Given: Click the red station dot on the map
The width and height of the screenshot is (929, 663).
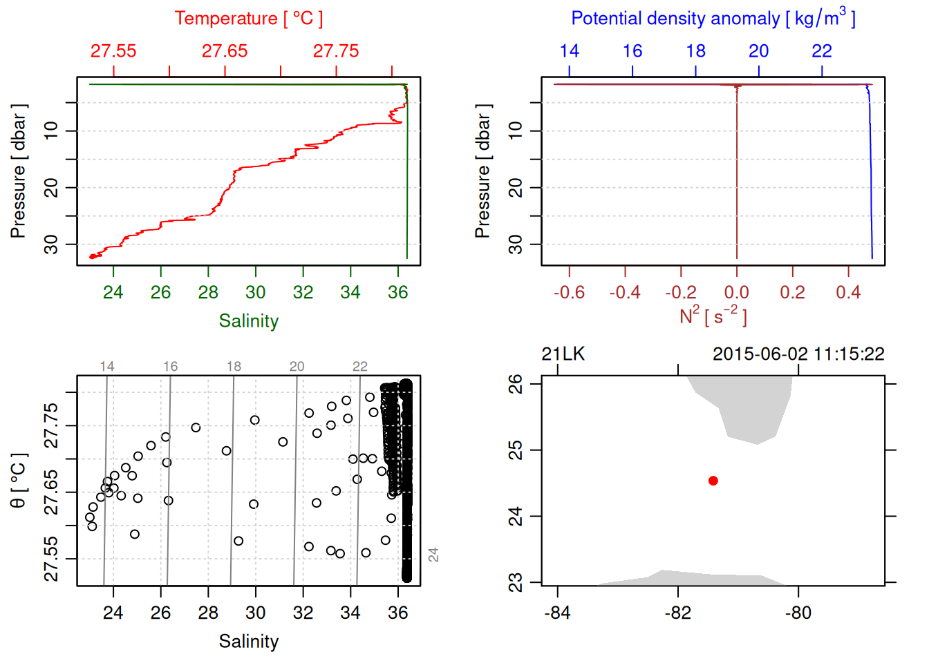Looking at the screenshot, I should pos(713,481).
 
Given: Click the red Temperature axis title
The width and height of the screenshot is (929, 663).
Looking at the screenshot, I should pos(248,19).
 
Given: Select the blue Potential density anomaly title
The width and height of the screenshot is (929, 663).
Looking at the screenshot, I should pos(713,18).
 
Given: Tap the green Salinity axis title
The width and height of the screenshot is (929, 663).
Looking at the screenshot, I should pos(248,321).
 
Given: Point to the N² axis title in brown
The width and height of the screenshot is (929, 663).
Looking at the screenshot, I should pos(713,316).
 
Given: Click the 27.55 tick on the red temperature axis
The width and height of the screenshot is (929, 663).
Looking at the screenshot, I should pos(113,51).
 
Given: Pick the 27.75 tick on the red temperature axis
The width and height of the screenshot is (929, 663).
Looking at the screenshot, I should pos(336,51).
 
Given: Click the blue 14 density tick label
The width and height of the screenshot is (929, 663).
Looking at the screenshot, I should pos(569,51).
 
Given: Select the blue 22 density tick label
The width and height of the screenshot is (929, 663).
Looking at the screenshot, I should pos(821,51).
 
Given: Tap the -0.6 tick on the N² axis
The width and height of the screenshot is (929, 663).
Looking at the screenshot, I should pos(569,293).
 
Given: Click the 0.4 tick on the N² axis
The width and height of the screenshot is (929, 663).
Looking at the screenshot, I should pos(848,293).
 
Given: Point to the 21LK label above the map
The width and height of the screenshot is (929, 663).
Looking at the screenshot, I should pos(563,354).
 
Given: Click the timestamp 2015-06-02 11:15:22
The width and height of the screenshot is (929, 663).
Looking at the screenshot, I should pos(798,354).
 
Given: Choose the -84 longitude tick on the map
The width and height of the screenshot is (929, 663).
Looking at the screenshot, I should pos(557,613).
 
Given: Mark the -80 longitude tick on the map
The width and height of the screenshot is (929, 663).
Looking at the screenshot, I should pos(798,613).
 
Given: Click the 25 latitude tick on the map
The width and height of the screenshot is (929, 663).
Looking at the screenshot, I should pos(516,450).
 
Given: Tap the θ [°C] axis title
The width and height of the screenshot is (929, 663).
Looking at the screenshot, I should pos(19,481).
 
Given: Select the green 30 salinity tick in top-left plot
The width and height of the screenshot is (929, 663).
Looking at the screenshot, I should pos(256,293).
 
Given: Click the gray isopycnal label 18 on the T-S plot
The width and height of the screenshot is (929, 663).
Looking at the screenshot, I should pos(234,367).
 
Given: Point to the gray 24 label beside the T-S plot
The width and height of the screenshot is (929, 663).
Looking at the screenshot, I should pos(433,555).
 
